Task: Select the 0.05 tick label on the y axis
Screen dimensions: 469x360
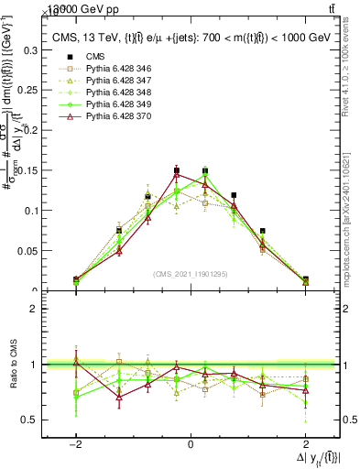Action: pyautogui.click(x=30, y=250)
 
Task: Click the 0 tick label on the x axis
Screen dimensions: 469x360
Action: pyautogui.click(x=190, y=443)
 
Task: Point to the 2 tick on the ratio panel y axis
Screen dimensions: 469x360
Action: pyautogui.click(x=37, y=309)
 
